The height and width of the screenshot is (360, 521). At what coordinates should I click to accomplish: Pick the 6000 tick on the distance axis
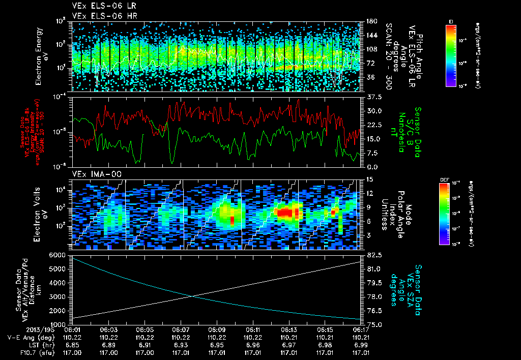(60, 254)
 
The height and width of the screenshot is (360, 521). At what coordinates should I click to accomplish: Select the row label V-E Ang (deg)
(30, 337)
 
